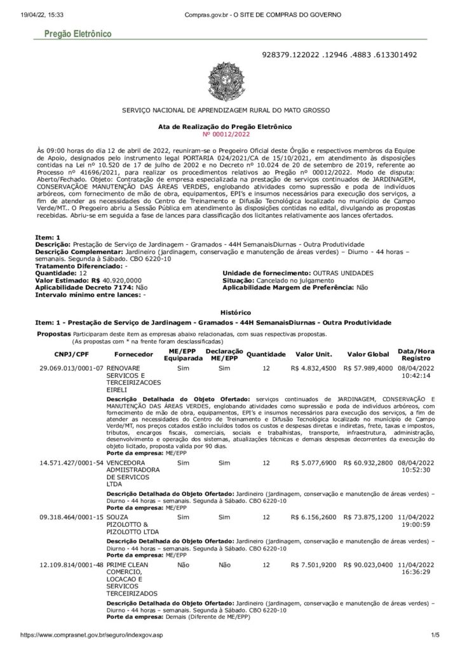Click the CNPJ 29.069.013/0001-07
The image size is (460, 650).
pos(71,368)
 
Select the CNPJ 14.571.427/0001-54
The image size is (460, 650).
pos(71,463)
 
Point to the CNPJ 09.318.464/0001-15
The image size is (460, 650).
pos(71,517)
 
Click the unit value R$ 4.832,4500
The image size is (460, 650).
pos(313,368)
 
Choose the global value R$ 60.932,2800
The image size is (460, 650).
pos(367,463)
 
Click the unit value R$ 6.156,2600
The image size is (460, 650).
pos(313,517)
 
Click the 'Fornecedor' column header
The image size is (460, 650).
pos(133,354)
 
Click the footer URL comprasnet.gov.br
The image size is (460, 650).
pos(91,634)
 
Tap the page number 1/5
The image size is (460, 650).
pos(435,634)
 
